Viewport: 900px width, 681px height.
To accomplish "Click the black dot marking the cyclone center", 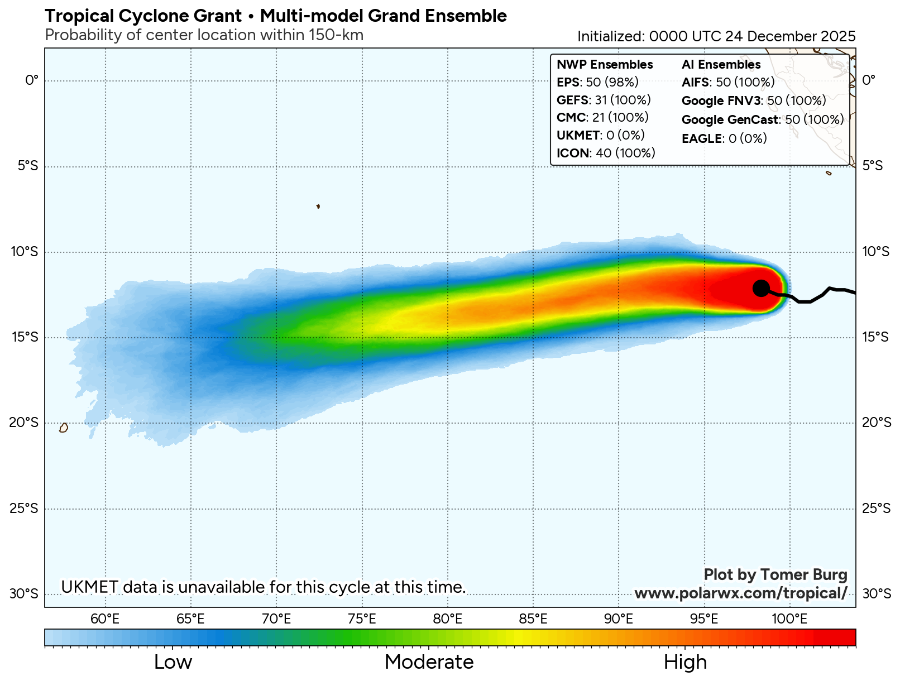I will [x=761, y=288].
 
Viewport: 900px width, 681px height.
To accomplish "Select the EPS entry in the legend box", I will [x=597, y=83].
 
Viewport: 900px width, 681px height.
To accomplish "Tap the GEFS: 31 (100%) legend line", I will [x=604, y=100].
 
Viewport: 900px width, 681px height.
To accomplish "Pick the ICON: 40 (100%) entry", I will [x=606, y=153].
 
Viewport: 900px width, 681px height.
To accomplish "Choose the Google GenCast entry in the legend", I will [x=763, y=120].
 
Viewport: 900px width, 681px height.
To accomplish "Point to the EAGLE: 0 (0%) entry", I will [x=724, y=138].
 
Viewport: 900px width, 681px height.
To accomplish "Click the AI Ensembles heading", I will [x=721, y=65].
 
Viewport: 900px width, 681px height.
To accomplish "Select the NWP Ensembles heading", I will [x=605, y=65].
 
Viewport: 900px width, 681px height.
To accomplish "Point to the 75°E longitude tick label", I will [x=362, y=619].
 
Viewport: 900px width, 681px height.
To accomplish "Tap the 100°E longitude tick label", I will [x=789, y=619].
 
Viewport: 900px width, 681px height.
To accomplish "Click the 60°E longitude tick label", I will [x=105, y=619].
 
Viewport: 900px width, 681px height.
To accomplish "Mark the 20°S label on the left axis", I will [x=24, y=423].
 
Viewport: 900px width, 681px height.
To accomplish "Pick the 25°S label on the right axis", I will [x=877, y=509].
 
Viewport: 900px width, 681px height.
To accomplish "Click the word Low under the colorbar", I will [x=173, y=662].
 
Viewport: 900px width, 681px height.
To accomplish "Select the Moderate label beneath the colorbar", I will [x=429, y=662].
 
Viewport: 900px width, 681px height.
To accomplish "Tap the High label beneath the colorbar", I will [x=685, y=662].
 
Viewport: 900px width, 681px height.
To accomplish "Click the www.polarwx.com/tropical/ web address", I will [x=741, y=593].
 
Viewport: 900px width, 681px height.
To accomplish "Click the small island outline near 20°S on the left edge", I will [x=64, y=428].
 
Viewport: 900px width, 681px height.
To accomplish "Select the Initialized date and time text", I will [x=716, y=36].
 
